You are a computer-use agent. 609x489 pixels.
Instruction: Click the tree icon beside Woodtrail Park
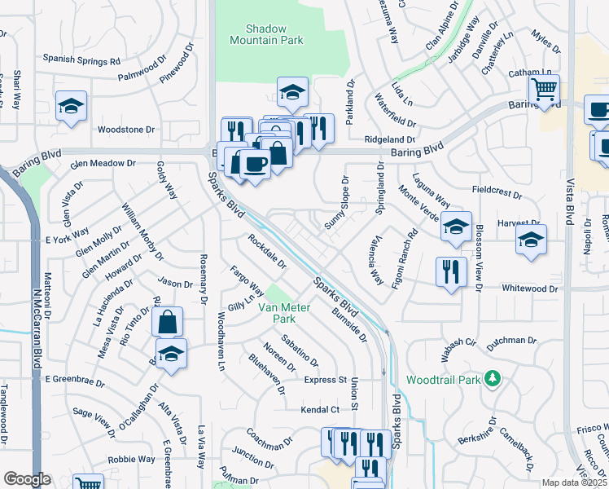point(492,379)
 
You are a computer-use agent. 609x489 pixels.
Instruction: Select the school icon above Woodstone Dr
point(72,106)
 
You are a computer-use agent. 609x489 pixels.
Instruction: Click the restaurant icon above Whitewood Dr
point(450,271)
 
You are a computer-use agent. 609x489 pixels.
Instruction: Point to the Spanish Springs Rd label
point(81,59)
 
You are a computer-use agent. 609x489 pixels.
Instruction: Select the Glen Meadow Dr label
point(103,163)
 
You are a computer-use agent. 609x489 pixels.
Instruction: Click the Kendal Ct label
point(320,410)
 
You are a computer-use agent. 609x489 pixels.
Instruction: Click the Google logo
point(28,480)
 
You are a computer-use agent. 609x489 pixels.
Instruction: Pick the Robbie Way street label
point(132,459)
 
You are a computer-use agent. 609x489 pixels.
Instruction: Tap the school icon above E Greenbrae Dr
point(171,354)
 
